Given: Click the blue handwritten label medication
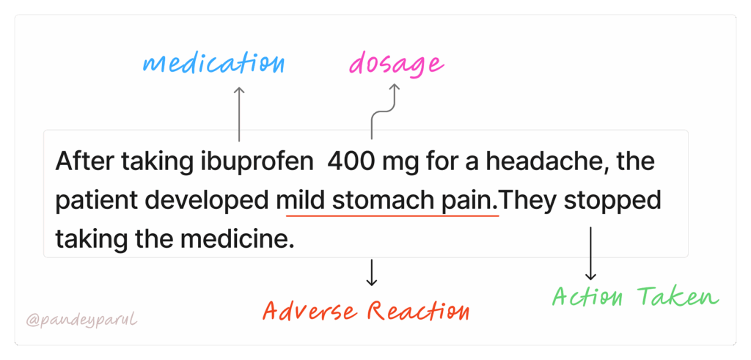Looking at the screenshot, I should point(213,63).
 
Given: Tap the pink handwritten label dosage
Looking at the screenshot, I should point(396,65).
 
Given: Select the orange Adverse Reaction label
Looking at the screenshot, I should point(366,311).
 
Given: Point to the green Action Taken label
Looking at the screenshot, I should point(635,297).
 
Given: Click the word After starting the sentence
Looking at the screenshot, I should point(78,161).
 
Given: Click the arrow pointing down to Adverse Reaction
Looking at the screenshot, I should point(372,272).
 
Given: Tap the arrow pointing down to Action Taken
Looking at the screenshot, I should point(590,254).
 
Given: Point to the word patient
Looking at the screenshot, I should point(92,199).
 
